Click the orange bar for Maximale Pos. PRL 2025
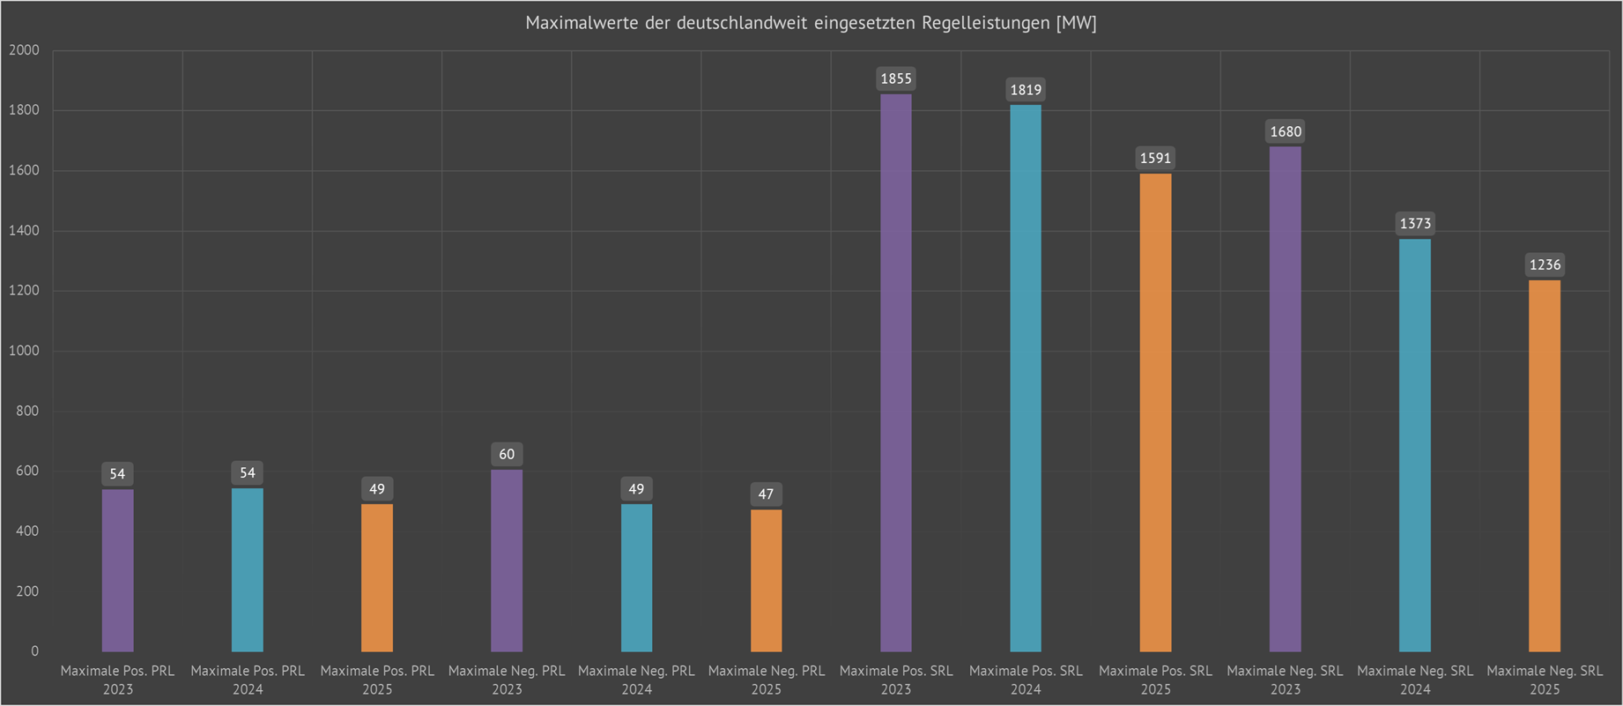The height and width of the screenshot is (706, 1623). pos(377,577)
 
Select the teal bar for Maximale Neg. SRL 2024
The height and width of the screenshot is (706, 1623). pos(1415,445)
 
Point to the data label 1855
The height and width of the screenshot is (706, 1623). pos(896,78)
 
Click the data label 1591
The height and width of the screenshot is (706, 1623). pos(1155,158)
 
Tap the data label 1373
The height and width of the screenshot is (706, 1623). pos(1415,223)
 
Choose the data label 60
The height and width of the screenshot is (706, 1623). pos(507,454)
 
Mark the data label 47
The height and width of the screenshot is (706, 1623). pos(766,494)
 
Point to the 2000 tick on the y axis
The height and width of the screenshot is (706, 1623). pos(25,50)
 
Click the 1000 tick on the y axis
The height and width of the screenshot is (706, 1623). pos(25,351)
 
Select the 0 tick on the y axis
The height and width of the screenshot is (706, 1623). pos(35,651)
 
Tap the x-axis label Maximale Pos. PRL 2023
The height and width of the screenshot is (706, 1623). pos(117,680)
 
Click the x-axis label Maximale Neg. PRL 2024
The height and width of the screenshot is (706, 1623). pos(636,680)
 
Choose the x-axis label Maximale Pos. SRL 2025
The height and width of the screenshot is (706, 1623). pos(1155,680)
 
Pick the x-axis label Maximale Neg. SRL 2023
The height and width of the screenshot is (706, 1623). pos(1285,680)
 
